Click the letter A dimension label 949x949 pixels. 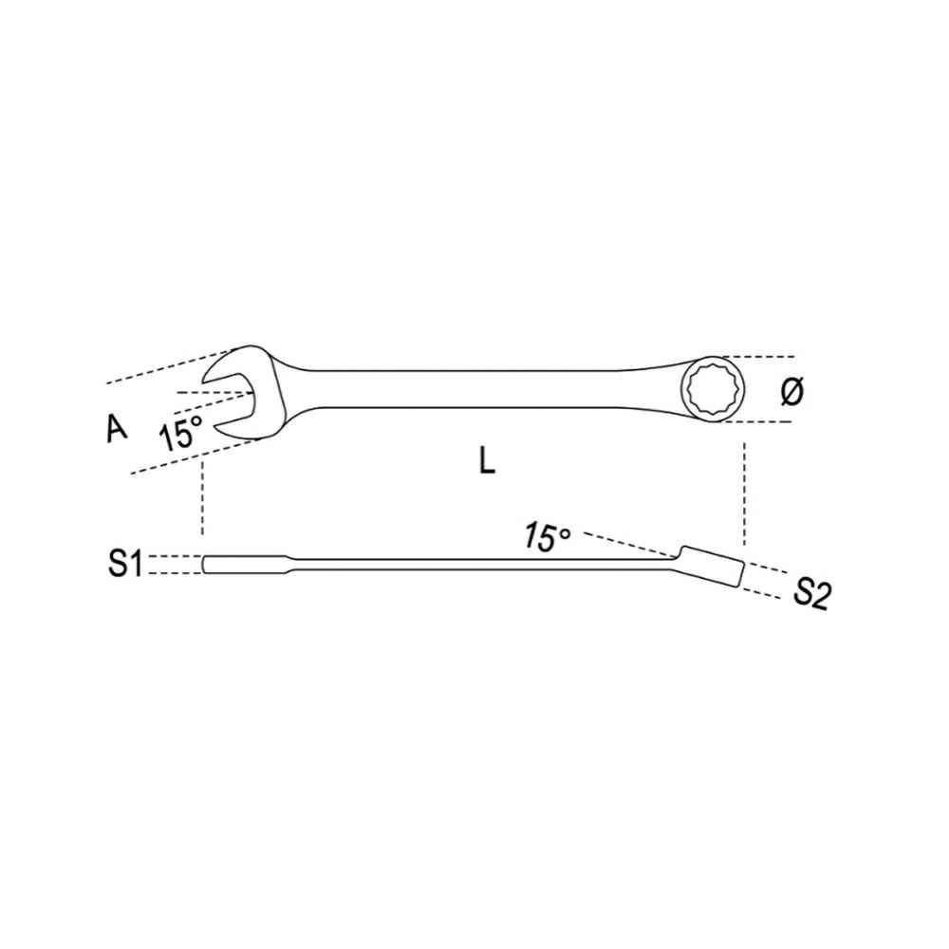click(118, 428)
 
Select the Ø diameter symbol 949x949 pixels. click(791, 391)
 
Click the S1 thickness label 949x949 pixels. click(124, 564)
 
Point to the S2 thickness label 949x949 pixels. click(810, 594)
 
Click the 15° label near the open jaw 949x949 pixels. click(179, 430)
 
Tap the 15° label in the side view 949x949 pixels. click(548, 537)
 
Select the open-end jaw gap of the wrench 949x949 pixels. click(229, 396)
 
